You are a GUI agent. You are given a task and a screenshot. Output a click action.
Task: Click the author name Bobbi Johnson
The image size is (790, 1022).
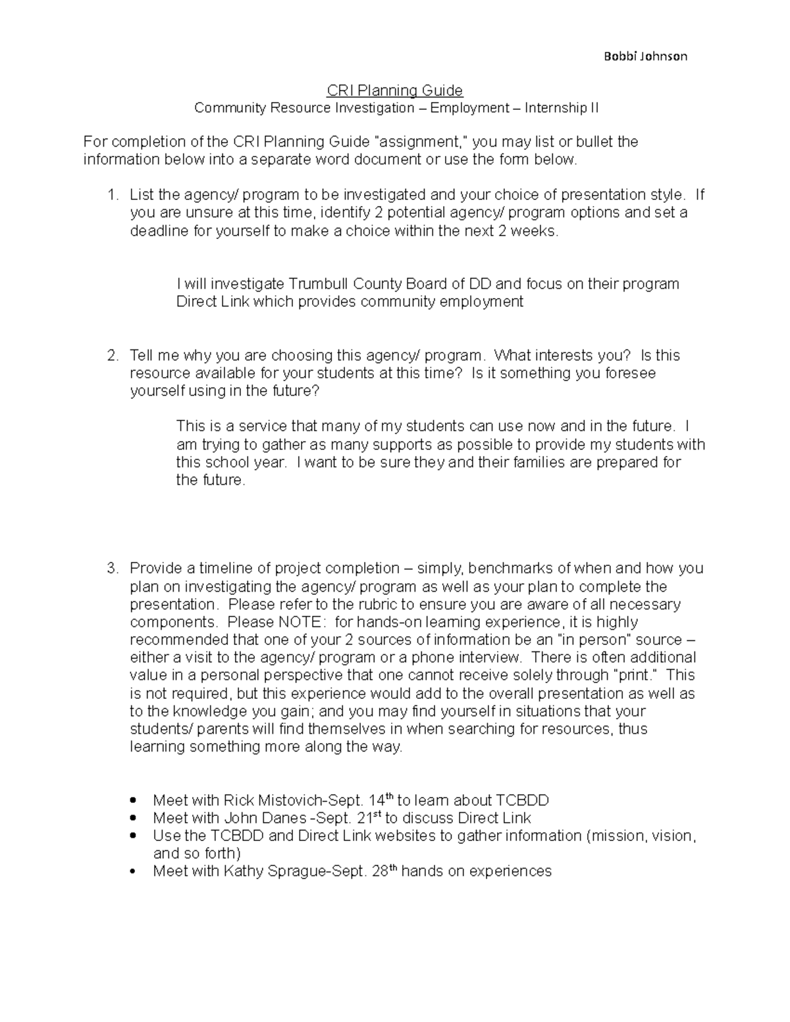645,57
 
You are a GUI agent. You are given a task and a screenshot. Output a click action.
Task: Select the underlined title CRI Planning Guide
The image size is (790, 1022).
395,90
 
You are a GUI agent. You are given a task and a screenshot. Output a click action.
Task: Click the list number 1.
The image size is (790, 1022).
113,195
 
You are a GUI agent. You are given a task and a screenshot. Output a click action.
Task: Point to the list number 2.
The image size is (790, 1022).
113,355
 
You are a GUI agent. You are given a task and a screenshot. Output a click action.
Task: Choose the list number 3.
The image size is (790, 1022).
113,569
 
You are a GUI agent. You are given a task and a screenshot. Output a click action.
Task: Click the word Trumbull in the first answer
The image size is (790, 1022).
319,284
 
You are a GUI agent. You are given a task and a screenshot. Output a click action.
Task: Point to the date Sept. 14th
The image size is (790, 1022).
361,800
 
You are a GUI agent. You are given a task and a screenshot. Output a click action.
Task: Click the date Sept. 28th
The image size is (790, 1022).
366,871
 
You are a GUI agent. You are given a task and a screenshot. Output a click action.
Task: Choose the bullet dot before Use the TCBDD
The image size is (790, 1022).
134,836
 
